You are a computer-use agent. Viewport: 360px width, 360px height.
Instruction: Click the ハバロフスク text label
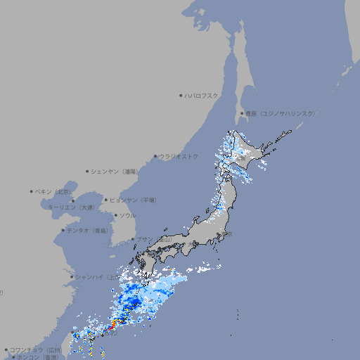click(x=202, y=95)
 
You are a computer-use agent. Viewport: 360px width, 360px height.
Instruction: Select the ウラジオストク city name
click(x=179, y=156)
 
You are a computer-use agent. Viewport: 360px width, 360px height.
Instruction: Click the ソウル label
click(x=127, y=216)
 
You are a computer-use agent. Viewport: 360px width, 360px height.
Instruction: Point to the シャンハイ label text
click(x=94, y=276)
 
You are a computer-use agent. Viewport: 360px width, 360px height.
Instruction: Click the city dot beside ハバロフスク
click(x=181, y=95)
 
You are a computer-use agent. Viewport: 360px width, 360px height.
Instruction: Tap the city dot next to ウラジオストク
click(x=155, y=156)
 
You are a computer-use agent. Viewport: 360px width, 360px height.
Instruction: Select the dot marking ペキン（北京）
click(x=31, y=191)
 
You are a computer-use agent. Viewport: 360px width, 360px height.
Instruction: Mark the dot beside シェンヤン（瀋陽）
click(x=88, y=171)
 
